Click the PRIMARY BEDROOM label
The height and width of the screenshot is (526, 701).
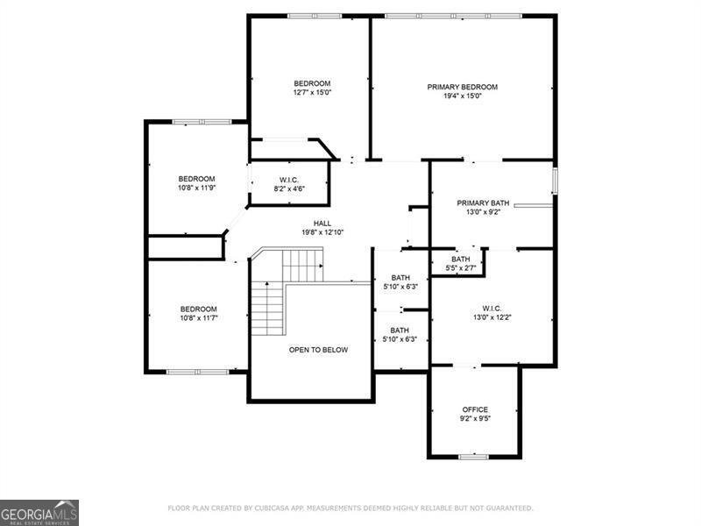pyautogui.click(x=463, y=87)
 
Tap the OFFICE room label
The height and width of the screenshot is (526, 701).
pyautogui.click(x=475, y=409)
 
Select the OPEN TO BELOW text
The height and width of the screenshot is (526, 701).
pyautogui.click(x=318, y=350)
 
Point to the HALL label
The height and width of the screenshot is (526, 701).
pyautogui.click(x=322, y=224)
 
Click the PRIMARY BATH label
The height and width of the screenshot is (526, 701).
pyautogui.click(x=483, y=203)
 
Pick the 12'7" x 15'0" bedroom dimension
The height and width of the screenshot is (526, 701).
pyautogui.click(x=312, y=93)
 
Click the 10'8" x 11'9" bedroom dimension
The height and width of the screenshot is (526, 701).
pyautogui.click(x=196, y=188)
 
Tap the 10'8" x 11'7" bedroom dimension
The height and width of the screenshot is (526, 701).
pyautogui.click(x=199, y=318)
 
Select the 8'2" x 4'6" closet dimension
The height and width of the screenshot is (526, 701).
pyautogui.click(x=289, y=188)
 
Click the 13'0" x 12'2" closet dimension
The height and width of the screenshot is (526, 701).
pyautogui.click(x=492, y=317)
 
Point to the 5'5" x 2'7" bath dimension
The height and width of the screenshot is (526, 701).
pyautogui.click(x=461, y=268)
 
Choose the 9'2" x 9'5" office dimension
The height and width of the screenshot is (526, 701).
pyautogui.click(x=475, y=419)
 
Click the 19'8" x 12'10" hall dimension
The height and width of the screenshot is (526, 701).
pyautogui.click(x=322, y=232)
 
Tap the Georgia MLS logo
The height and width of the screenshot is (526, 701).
pyautogui.click(x=39, y=513)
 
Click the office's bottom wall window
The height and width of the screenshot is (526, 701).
pyautogui.click(x=474, y=457)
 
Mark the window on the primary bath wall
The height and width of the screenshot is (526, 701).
pyautogui.click(x=555, y=181)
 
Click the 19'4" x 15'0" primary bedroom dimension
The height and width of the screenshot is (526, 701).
pyautogui.click(x=463, y=96)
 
